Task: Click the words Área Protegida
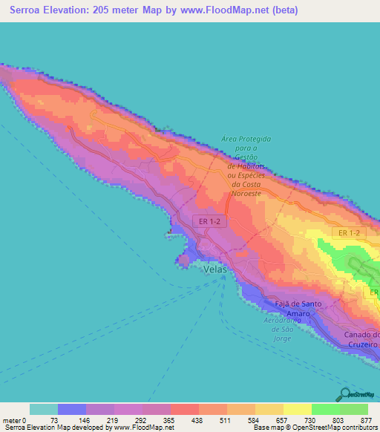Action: click(246, 139)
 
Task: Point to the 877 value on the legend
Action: click(367, 419)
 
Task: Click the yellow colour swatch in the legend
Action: click(297, 409)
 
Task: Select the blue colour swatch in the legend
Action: click(71, 409)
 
